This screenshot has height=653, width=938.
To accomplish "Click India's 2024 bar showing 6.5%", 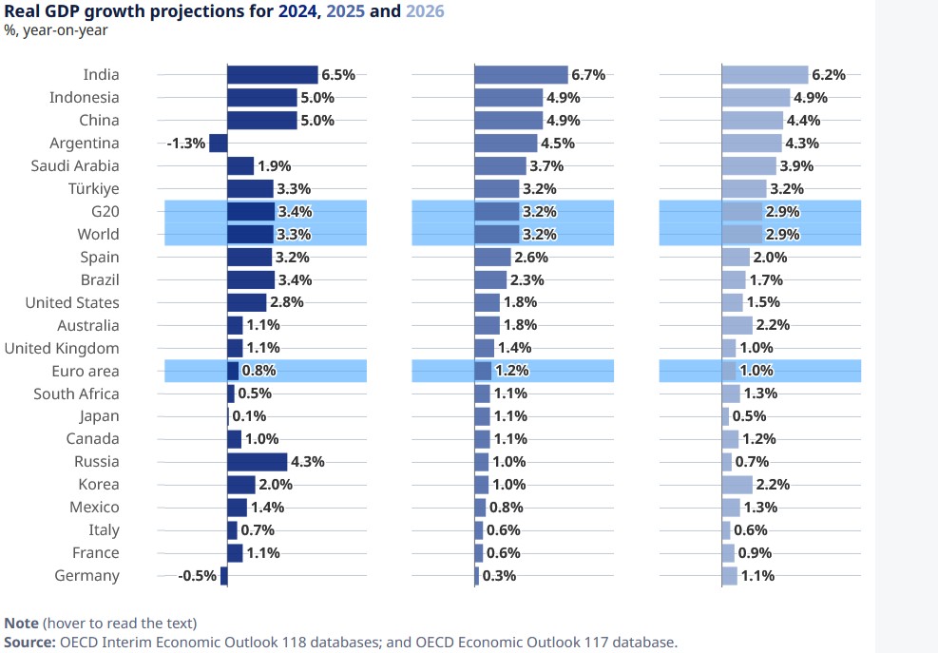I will tap(272, 75).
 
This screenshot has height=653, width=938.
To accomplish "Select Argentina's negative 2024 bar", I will tap(218, 144).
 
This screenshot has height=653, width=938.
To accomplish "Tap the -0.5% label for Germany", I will tap(197, 576).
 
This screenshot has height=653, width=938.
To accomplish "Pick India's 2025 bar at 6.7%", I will tap(521, 75).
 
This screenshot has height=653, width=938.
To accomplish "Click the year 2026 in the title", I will tap(424, 11).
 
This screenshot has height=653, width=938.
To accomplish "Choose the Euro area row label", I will tap(86, 372).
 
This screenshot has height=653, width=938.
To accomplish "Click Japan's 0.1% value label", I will tap(249, 416).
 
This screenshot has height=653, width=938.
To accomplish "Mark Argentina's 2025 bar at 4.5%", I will tap(505, 144).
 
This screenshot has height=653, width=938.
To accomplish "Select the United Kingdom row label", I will tap(62, 349).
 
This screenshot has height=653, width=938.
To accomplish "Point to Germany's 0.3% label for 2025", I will tap(500, 576).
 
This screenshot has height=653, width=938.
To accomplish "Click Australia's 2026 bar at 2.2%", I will tap(737, 325).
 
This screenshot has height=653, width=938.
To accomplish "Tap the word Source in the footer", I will tap(29, 643).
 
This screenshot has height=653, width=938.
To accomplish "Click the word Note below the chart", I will tap(21, 624).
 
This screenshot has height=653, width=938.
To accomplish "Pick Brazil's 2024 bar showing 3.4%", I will tap(251, 280).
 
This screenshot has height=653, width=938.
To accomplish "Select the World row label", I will tap(99, 235).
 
